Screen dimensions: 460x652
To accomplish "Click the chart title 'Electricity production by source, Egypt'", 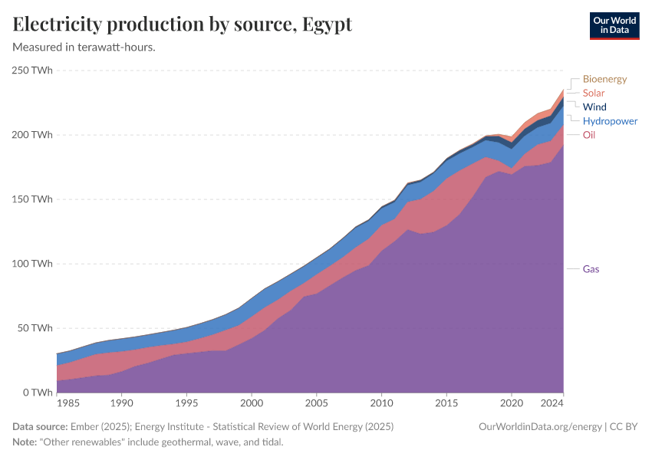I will (183, 25).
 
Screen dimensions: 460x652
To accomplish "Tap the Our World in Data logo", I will (614, 25).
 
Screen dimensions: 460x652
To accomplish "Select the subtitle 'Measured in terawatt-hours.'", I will (84, 48).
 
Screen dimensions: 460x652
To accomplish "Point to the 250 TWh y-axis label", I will (31, 71).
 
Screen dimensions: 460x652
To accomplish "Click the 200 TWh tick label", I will (31, 135).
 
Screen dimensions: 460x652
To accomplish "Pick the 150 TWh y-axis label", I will (31, 199).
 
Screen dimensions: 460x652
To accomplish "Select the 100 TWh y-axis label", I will (31, 264).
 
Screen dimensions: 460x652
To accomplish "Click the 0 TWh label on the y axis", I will (37, 393).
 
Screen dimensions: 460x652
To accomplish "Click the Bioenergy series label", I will (604, 79).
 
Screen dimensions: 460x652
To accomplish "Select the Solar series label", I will (594, 93).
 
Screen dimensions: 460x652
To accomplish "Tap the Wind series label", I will (594, 107).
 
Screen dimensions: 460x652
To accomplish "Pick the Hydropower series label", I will (610, 121).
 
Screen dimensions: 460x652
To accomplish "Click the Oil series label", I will (589, 135).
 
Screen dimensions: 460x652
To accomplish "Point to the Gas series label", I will (591, 269).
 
